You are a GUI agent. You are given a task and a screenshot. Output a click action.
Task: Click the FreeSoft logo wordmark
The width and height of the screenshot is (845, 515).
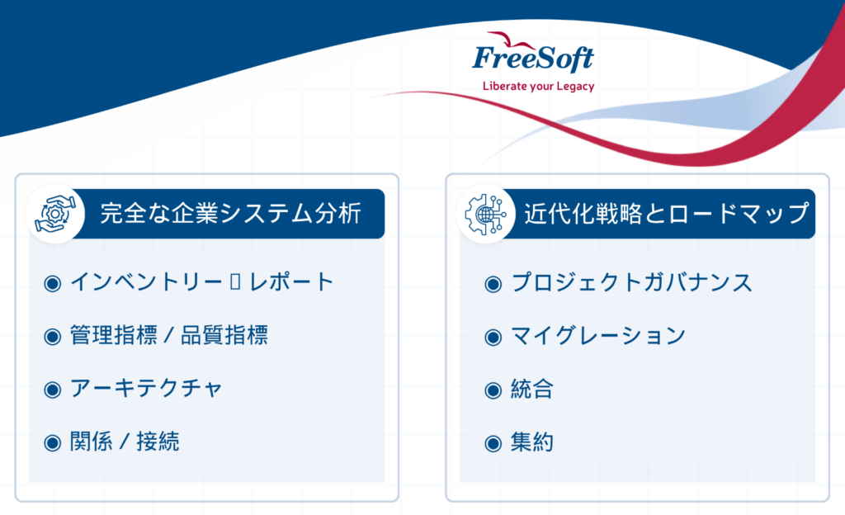[533, 59]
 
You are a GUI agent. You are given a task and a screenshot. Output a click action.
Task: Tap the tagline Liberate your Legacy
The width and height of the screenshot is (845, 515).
[538, 86]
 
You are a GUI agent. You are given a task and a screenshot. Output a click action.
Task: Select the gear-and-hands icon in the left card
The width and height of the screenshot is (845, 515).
[55, 214]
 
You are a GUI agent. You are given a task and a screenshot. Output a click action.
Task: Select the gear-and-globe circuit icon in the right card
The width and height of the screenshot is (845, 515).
[485, 214]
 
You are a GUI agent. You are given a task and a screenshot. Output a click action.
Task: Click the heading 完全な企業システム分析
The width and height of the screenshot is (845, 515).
[231, 213]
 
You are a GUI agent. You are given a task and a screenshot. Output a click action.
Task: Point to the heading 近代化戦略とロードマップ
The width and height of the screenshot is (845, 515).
[667, 213]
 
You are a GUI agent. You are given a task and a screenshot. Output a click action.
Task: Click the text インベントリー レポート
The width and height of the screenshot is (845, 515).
[202, 281]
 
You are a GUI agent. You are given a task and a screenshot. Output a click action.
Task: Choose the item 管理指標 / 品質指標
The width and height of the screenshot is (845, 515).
[168, 335]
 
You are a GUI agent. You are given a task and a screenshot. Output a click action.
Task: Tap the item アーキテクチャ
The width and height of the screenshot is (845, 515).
[146, 389]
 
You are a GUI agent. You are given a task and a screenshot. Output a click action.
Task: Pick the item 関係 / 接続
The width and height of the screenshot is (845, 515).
[125, 442]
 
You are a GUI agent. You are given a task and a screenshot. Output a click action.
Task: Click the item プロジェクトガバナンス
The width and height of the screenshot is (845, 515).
[631, 282]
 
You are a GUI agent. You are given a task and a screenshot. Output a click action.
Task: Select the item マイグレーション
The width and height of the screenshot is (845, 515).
[598, 336]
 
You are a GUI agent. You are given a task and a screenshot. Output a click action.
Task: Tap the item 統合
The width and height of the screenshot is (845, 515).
[532, 389]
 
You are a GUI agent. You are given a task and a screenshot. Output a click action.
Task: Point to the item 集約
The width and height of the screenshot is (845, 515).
[532, 442]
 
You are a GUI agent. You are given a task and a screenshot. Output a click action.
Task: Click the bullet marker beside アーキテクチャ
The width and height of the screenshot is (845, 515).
[52, 390]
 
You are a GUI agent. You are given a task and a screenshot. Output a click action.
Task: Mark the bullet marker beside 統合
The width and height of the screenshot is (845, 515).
[493, 390]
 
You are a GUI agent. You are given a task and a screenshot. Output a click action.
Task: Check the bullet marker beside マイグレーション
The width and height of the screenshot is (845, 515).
[493, 338]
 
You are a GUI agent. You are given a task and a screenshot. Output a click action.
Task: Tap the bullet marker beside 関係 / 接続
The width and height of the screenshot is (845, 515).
[52, 443]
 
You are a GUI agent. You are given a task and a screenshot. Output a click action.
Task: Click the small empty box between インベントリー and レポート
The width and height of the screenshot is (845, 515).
[235, 281]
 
